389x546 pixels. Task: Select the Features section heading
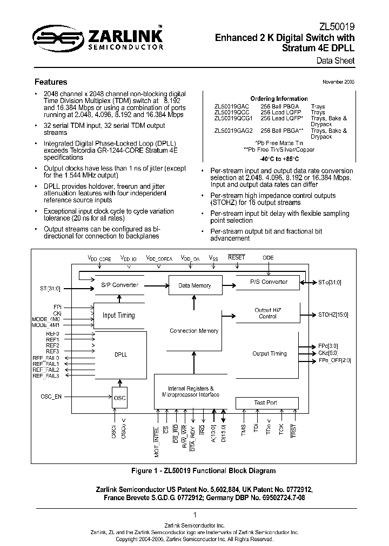point(51,83)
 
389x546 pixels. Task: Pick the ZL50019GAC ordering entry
point(231,106)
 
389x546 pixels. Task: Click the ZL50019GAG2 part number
point(233,131)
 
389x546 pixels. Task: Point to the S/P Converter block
point(119,285)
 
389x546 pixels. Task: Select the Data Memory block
point(194,285)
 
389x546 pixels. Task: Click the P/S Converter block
point(269,282)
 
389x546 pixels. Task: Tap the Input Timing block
point(119,315)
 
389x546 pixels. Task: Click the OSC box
point(120,398)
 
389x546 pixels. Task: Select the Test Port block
point(265,402)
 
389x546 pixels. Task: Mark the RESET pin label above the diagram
point(237,258)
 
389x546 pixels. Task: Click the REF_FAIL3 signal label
point(46,376)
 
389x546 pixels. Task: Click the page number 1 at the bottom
point(194,515)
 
